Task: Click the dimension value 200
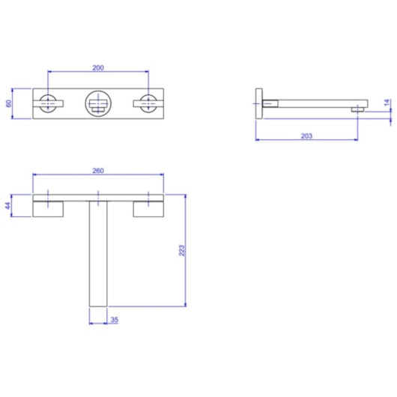coord(97,67)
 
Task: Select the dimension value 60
coord(8,103)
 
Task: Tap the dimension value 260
coord(97,170)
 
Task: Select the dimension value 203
coord(306,136)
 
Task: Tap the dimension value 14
coord(387,106)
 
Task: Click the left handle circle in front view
coord(49,103)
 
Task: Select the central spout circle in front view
coord(97,103)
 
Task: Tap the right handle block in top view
coord(149,209)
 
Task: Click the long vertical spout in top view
coord(99,255)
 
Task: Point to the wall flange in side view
coord(259,103)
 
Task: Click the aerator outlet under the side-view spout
coord(359,110)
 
